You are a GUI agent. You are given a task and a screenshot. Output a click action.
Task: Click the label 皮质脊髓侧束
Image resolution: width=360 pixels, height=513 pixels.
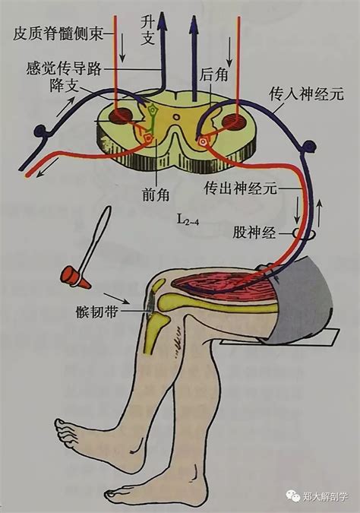coord(58,33)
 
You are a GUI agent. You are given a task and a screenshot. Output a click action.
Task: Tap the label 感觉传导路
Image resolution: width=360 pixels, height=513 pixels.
coord(64,68)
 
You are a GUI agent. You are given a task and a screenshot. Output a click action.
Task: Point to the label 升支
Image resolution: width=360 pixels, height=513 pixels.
coord(147,30)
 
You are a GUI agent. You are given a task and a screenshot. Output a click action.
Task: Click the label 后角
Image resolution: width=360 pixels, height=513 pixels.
coord(213,75)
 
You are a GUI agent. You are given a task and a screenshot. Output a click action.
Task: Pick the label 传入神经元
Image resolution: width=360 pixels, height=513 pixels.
coord(306,94)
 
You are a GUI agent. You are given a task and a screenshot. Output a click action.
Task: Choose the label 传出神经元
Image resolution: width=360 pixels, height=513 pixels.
coord(240,188)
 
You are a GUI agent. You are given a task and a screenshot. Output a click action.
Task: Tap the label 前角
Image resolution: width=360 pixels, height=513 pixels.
coord(156,195)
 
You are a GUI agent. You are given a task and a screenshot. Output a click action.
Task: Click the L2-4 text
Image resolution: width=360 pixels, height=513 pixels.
coord(188,219)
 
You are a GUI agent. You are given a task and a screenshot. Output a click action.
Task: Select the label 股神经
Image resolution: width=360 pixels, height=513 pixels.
coord(254,233)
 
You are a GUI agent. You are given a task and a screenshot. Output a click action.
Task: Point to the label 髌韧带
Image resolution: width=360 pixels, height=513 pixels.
coord(96,312)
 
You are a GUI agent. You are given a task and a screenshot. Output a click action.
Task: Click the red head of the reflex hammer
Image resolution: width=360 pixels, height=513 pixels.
coord(75,277)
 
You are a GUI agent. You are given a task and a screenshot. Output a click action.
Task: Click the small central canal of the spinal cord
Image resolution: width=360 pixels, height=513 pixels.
coord(176,117)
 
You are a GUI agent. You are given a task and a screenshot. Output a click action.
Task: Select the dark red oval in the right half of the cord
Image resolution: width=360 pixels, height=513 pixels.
coord(233,122)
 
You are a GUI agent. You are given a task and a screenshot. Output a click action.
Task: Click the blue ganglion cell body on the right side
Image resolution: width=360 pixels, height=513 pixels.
coord(309,146)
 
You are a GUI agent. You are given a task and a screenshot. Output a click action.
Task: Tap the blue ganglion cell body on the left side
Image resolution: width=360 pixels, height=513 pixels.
coord(41,131)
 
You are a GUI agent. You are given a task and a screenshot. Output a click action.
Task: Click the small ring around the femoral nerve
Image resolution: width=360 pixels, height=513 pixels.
coord(304,233)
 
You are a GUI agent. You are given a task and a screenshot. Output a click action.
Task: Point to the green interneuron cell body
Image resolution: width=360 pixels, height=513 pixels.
coord(153,110)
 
